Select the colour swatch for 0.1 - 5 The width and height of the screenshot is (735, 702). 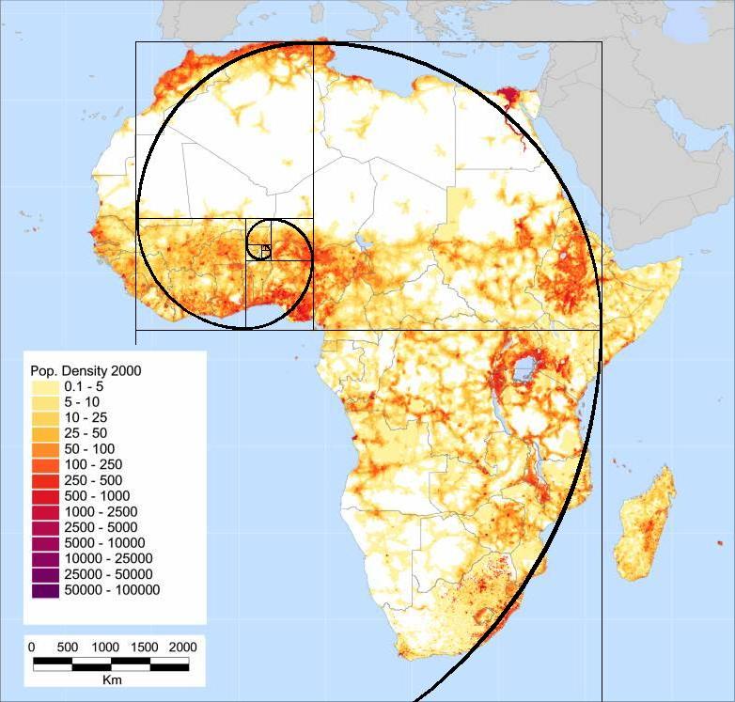pyautogui.click(x=44, y=386)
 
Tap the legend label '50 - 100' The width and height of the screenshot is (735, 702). pyautogui.click(x=90, y=449)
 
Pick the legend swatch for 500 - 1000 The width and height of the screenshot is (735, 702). pyautogui.click(x=44, y=496)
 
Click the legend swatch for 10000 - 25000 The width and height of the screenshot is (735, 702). pyautogui.click(x=44, y=559)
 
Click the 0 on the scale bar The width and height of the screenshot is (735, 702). pyautogui.click(x=32, y=647)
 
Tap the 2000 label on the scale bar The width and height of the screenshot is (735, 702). pyautogui.click(x=182, y=647)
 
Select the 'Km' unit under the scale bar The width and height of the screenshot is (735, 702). pyautogui.click(x=111, y=679)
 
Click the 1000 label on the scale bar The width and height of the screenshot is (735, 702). pyautogui.click(x=105, y=647)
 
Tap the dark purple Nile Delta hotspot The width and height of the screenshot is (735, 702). pyautogui.click(x=508, y=97)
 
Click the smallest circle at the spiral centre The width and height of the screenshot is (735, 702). pyautogui.click(x=266, y=249)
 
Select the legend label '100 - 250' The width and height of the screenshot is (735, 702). pyautogui.click(x=93, y=464)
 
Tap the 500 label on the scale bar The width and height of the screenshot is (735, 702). pyautogui.click(x=68, y=647)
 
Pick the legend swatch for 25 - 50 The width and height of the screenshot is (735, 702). pyautogui.click(x=44, y=433)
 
